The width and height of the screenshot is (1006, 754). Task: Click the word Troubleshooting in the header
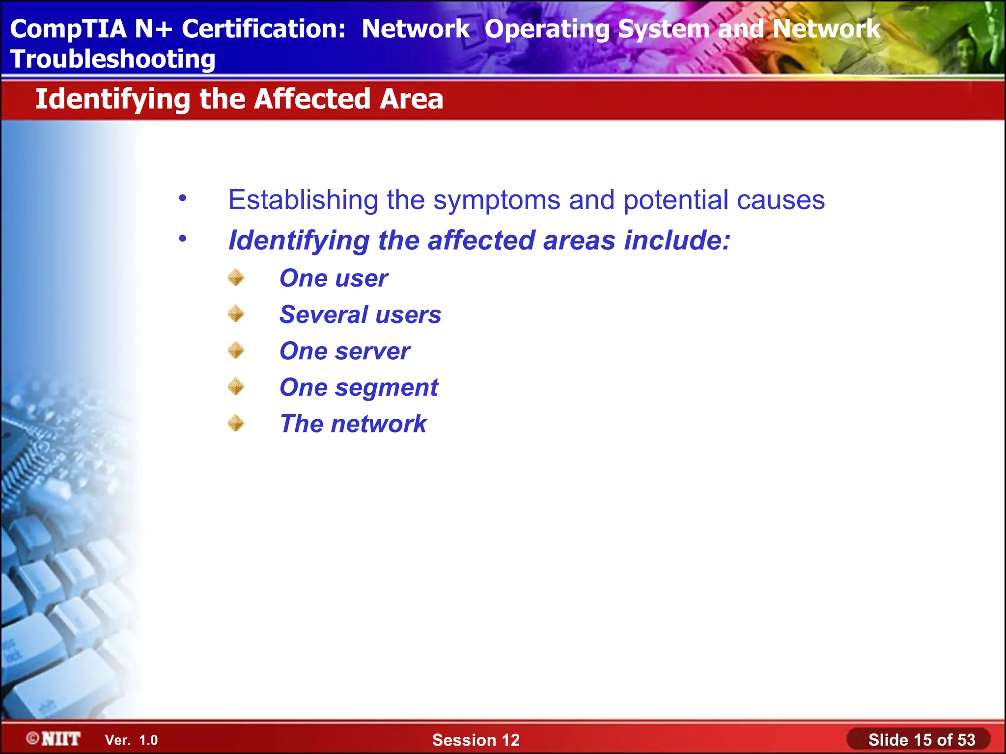pyautogui.click(x=112, y=59)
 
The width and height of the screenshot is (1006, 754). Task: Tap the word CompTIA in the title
pyautogui.click(x=68, y=28)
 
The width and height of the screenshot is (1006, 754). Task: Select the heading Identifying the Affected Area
pyautogui.click(x=239, y=99)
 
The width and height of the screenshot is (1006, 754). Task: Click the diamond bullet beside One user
pyautogui.click(x=236, y=277)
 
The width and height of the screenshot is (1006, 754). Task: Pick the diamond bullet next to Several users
pyautogui.click(x=236, y=314)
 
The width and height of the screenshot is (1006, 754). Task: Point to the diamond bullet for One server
pyautogui.click(x=236, y=350)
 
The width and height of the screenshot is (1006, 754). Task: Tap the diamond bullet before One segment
pyautogui.click(x=236, y=386)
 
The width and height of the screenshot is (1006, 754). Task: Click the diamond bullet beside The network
pyautogui.click(x=236, y=423)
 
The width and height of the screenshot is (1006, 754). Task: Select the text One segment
pyautogui.click(x=359, y=387)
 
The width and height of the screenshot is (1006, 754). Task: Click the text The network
pyautogui.click(x=353, y=424)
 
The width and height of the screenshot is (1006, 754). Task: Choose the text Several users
pyautogui.click(x=360, y=315)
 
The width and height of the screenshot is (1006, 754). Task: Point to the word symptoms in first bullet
pyautogui.click(x=497, y=200)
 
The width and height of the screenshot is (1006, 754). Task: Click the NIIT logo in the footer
pyautogui.click(x=54, y=739)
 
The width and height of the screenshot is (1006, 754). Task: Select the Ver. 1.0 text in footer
pyautogui.click(x=131, y=740)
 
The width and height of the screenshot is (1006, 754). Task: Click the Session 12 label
pyautogui.click(x=475, y=740)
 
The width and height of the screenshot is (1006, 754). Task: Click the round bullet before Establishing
pyautogui.click(x=183, y=198)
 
